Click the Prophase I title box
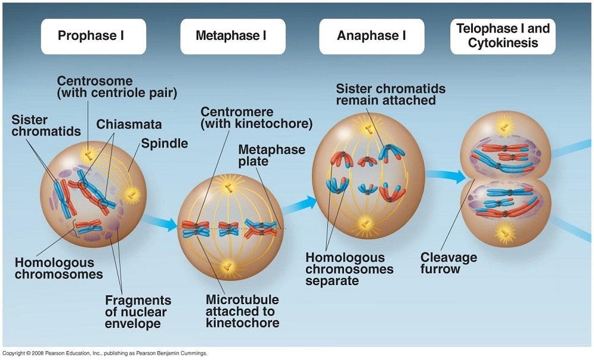93,36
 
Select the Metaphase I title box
233,36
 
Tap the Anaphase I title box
372,36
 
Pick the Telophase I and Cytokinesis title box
503,36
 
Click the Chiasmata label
129,124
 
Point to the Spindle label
165,144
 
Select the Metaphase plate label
271,156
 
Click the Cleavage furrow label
448,263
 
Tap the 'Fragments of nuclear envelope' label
138,311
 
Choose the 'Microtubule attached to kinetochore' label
242,311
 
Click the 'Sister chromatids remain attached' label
391,94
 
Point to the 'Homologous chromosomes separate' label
349,269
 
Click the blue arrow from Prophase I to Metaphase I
160,223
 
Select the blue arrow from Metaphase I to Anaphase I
300,206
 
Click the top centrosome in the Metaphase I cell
229,187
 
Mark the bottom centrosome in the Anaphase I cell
365,223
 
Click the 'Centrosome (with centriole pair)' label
117,87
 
